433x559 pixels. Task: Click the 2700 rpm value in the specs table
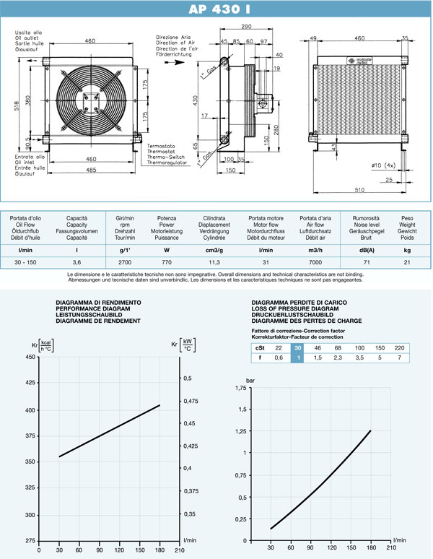(125, 264)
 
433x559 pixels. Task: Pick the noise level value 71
(367, 264)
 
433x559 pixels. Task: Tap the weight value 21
(408, 264)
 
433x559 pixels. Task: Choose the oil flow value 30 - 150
(30, 264)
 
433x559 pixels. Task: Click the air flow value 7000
(315, 264)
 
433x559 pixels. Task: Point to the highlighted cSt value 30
(297, 347)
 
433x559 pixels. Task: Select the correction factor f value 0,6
(279, 357)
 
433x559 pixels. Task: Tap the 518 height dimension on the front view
(17, 105)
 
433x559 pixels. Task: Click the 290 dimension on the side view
(247, 27)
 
